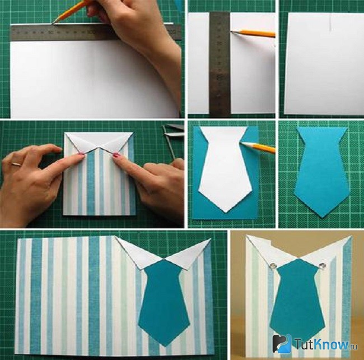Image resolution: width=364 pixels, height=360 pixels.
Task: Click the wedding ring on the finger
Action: coord(17,164)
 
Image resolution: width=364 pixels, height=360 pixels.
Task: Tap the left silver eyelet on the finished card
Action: coord(273,265)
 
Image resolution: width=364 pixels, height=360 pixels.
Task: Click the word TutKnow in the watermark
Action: coord(322,344)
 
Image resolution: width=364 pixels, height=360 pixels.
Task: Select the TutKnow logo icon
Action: coord(282,344)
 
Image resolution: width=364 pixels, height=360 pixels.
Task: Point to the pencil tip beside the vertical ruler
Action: coord(232,30)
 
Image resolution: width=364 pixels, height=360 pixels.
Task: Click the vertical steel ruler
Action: coord(220,63)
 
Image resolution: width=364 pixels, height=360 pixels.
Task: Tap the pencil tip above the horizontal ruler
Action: coord(54,22)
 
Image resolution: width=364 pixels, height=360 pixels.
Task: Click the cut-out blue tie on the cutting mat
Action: coord(322,172)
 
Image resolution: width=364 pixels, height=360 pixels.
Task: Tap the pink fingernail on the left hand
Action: coord(82,154)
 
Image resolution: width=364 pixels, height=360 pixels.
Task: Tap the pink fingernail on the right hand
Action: coord(116,155)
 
